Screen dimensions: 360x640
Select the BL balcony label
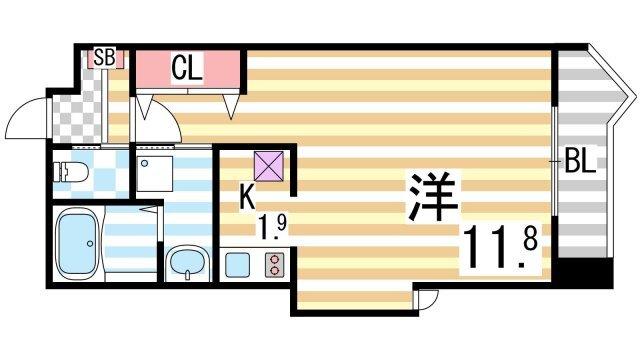tap(580, 162)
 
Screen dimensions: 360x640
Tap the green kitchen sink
tap(236, 266)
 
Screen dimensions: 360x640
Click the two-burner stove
tap(273, 266)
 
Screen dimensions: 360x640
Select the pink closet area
tap(190, 70)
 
